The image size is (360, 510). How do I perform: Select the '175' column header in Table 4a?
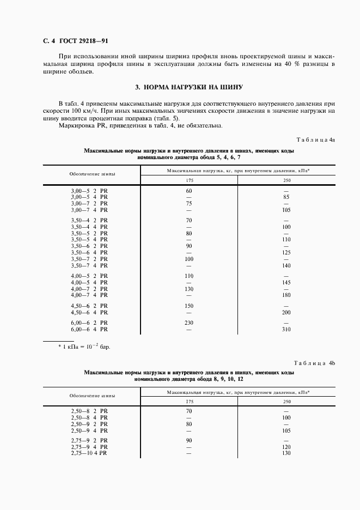pyautogui.click(x=189, y=180)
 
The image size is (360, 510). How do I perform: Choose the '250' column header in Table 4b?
pyautogui.click(x=286, y=402)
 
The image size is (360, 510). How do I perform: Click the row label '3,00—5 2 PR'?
pyautogui.click(x=89, y=191)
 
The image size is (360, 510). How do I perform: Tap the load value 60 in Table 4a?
pyautogui.click(x=189, y=191)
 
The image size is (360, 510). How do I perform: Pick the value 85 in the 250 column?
pyautogui.click(x=286, y=197)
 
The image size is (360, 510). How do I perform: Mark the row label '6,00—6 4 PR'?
pyautogui.click(x=89, y=330)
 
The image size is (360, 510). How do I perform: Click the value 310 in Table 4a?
pyautogui.click(x=286, y=330)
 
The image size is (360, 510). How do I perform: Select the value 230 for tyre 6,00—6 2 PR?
pyautogui.click(x=189, y=324)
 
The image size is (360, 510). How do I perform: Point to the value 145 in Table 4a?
pyautogui.click(x=286, y=282)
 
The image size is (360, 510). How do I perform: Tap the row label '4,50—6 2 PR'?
pyautogui.click(x=89, y=306)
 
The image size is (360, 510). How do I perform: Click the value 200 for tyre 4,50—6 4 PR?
pyautogui.click(x=286, y=312)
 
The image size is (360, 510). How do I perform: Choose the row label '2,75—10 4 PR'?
pyautogui.click(x=89, y=453)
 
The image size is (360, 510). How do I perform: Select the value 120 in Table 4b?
pyautogui.click(x=286, y=447)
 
